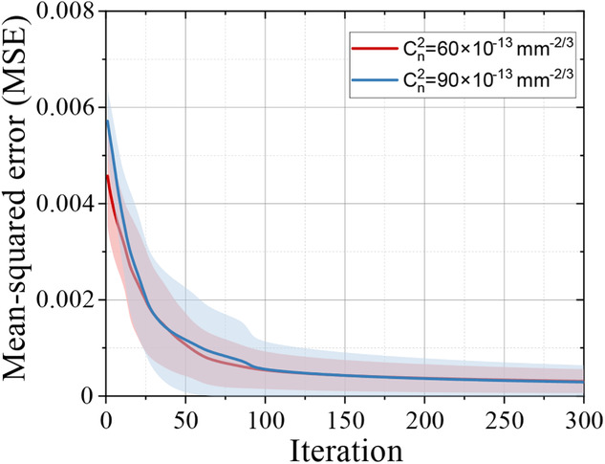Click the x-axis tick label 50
185,418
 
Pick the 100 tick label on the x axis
265,418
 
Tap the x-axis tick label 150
344,418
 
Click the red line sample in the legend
366,47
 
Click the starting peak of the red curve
107,176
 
